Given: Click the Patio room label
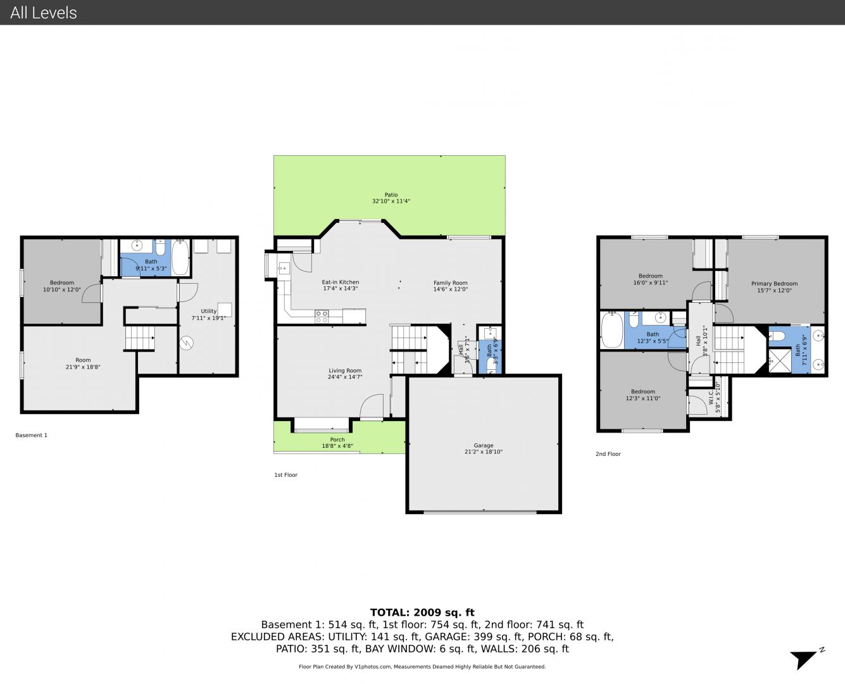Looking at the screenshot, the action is pyautogui.click(x=391, y=194).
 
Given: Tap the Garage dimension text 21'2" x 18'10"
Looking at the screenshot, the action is pyautogui.click(x=483, y=452).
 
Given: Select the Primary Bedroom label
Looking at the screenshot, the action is pyautogui.click(x=774, y=284).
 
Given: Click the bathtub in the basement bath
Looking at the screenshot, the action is pyautogui.click(x=180, y=257).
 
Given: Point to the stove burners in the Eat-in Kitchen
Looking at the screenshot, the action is pyautogui.click(x=322, y=317).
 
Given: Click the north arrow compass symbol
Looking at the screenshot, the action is pyautogui.click(x=805, y=659).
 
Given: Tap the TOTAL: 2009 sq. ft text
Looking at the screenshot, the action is pyautogui.click(x=422, y=612).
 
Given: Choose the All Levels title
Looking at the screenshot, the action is pyautogui.click(x=43, y=13).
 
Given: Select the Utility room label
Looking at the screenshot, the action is pyautogui.click(x=208, y=311).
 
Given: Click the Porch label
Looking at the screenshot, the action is pyautogui.click(x=337, y=440).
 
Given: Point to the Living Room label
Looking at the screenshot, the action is pyautogui.click(x=345, y=370).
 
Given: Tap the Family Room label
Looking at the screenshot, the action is pyautogui.click(x=450, y=282).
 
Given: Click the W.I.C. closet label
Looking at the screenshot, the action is pyautogui.click(x=711, y=397).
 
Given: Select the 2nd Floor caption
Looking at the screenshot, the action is pyautogui.click(x=608, y=453).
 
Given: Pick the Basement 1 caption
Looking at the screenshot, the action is pyautogui.click(x=31, y=435).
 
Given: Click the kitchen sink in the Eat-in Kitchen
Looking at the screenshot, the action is pyautogui.click(x=284, y=269).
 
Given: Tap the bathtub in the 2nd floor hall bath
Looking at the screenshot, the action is pyautogui.click(x=612, y=331).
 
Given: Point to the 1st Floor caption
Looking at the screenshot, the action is pyautogui.click(x=285, y=475).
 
